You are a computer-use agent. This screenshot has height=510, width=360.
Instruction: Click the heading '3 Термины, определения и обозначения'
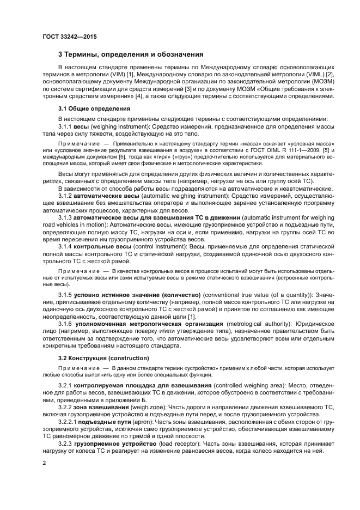[x=131, y=54]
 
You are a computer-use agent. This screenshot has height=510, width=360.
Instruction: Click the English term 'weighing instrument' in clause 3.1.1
[x=109, y=126]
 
